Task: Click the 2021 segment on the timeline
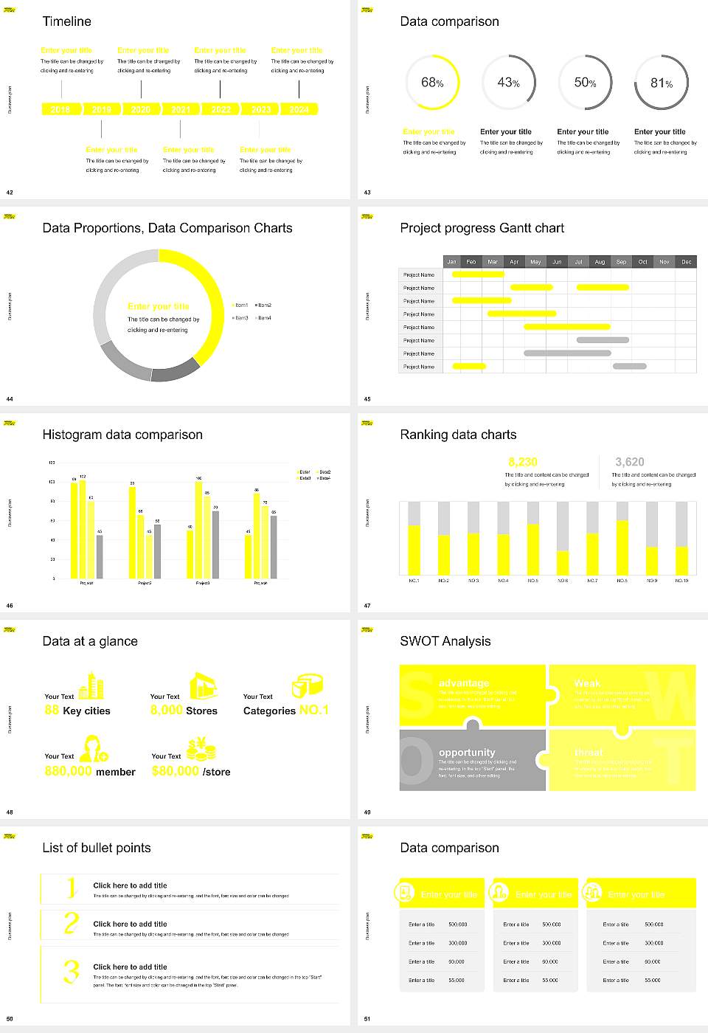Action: (181, 109)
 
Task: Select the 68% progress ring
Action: (432, 83)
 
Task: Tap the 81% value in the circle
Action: (661, 83)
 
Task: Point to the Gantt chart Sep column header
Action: (621, 262)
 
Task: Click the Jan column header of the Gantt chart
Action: (452, 262)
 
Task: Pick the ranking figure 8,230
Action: (523, 462)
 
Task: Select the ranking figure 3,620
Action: (629, 462)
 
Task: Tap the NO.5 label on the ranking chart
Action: (532, 581)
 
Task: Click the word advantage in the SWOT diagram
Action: (463, 683)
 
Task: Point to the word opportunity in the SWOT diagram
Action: (467, 752)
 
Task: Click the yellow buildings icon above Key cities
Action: (91, 686)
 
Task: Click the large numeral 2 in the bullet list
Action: (71, 923)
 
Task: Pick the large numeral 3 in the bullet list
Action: (71, 971)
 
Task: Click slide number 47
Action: (367, 606)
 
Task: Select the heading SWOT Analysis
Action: (445, 641)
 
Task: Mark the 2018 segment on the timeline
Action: (60, 109)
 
